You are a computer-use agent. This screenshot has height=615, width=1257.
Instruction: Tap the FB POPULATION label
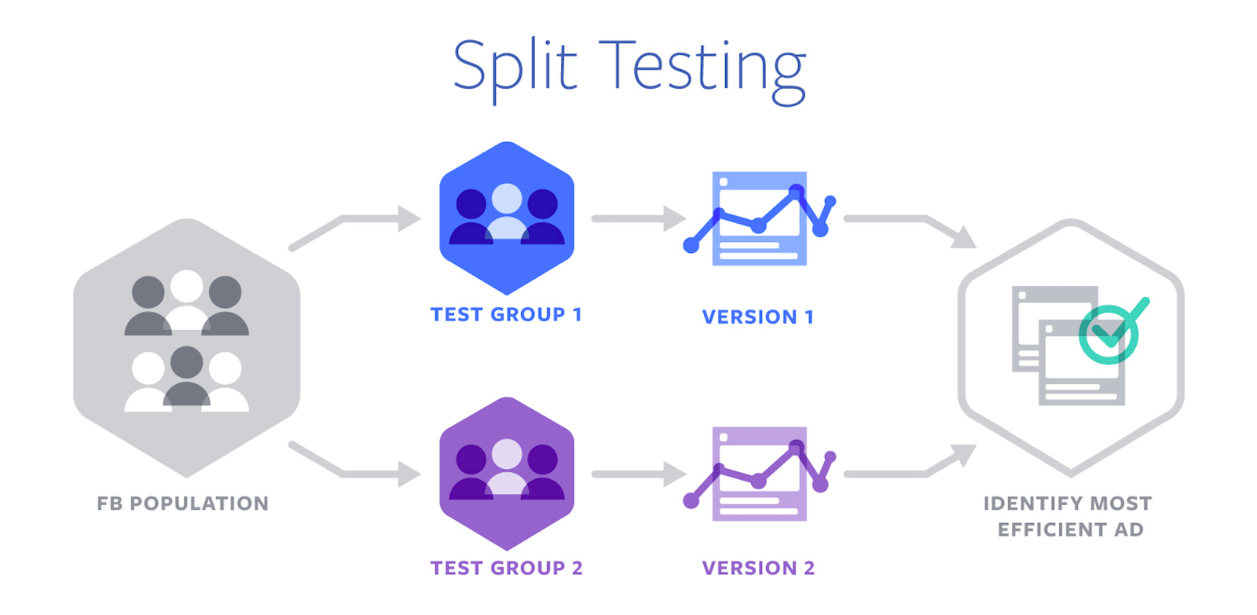183,503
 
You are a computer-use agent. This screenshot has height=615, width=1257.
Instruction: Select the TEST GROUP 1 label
506,314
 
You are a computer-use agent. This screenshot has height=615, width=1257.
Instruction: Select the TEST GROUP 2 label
506,568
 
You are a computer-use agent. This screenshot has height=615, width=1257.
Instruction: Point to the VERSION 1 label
758,317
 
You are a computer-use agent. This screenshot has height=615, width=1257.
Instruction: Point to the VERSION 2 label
758,568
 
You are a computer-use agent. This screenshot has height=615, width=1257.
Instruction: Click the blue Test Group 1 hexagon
507,218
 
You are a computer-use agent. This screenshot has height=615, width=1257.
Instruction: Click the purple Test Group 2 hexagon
507,474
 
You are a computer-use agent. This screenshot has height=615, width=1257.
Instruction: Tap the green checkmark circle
1109,335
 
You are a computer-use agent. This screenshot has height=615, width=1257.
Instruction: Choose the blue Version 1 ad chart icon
759,218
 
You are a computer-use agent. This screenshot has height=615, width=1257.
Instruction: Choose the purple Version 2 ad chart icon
759,474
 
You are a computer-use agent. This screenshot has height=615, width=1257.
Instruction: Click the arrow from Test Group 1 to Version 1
639,218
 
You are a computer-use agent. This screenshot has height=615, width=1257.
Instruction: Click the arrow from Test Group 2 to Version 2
639,474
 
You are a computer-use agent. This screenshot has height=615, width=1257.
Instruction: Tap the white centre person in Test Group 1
507,211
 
